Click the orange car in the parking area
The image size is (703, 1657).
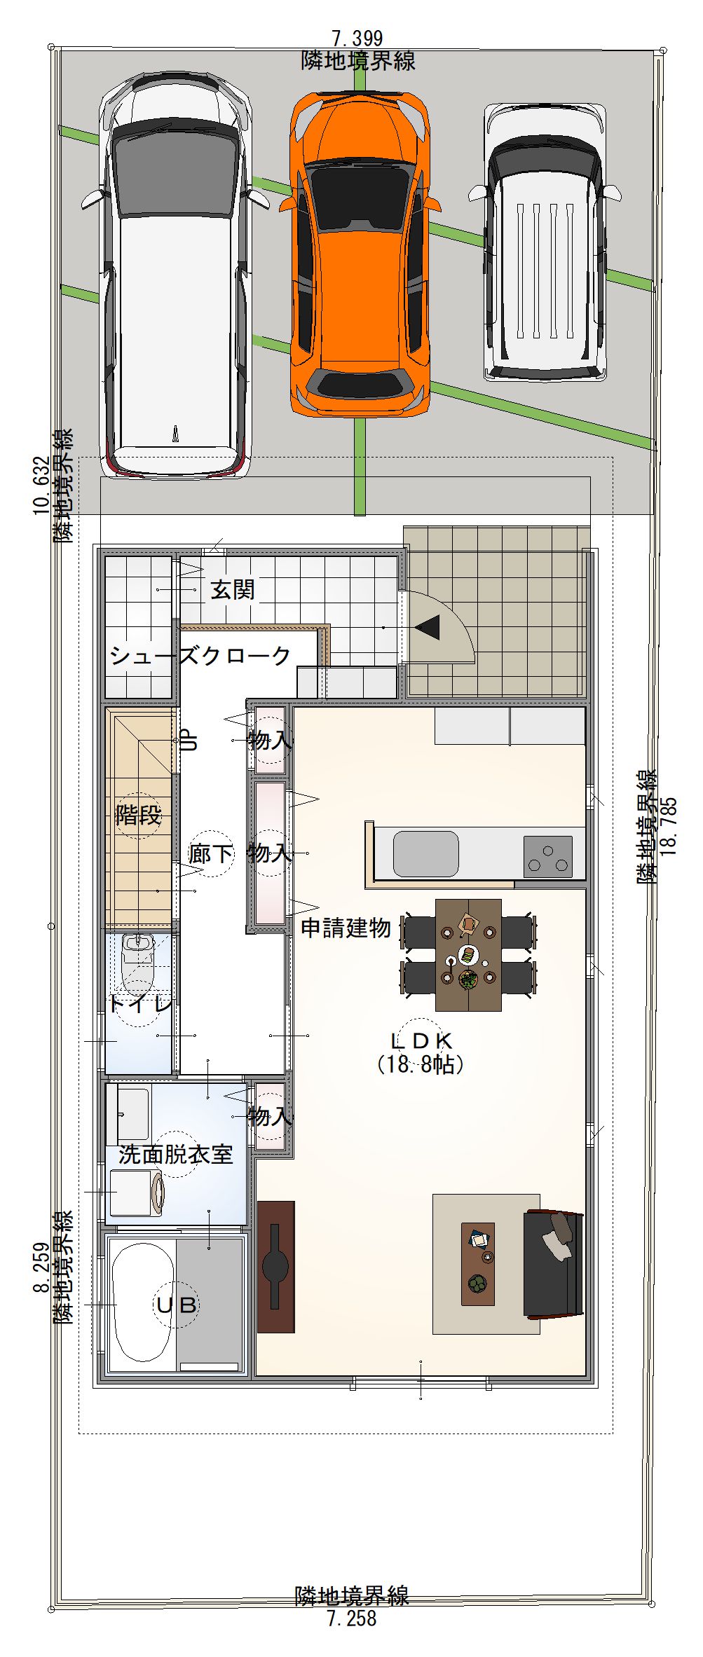pyautogui.click(x=359, y=254)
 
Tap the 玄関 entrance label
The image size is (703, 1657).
pyautogui.click(x=233, y=590)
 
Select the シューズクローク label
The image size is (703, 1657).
pyautogui.click(x=200, y=656)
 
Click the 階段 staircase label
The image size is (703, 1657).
pyautogui.click(x=138, y=815)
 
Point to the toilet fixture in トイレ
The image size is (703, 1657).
pyautogui.click(x=137, y=959)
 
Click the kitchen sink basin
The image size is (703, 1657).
pyautogui.click(x=425, y=853)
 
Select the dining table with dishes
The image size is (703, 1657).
pyautogui.click(x=468, y=955)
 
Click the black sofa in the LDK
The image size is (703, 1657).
pyautogui.click(x=554, y=1263)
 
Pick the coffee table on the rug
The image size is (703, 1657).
pyautogui.click(x=478, y=1265)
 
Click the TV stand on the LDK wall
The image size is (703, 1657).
pyautogui.click(x=275, y=1267)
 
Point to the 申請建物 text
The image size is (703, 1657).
pyautogui.click(x=346, y=928)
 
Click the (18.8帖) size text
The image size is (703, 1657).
pyautogui.click(x=421, y=1064)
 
